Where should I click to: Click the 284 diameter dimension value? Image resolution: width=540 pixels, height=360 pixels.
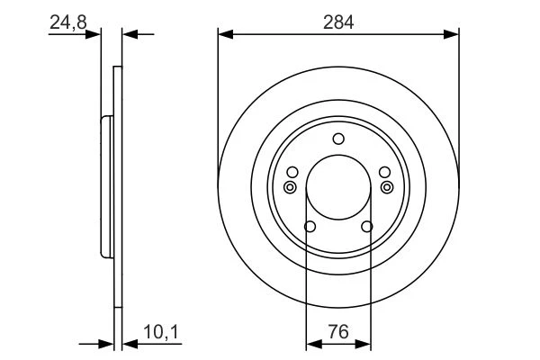click(x=338, y=22)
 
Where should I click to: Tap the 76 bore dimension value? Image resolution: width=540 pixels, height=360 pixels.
click(x=338, y=332)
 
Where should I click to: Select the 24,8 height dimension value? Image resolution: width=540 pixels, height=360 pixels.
click(x=68, y=22)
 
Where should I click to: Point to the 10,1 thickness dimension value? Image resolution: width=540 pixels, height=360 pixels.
click(x=161, y=332)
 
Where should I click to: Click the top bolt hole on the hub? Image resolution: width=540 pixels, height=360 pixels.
click(x=338, y=139)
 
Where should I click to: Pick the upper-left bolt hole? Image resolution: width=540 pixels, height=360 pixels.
click(x=292, y=172)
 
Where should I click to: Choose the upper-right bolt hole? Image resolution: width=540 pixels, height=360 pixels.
click(x=384, y=172)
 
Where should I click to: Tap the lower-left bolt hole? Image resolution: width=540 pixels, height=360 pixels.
click(x=310, y=226)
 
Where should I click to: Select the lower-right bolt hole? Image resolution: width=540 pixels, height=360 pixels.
click(x=367, y=226)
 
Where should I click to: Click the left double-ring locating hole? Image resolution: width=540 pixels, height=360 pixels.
click(x=290, y=187)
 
